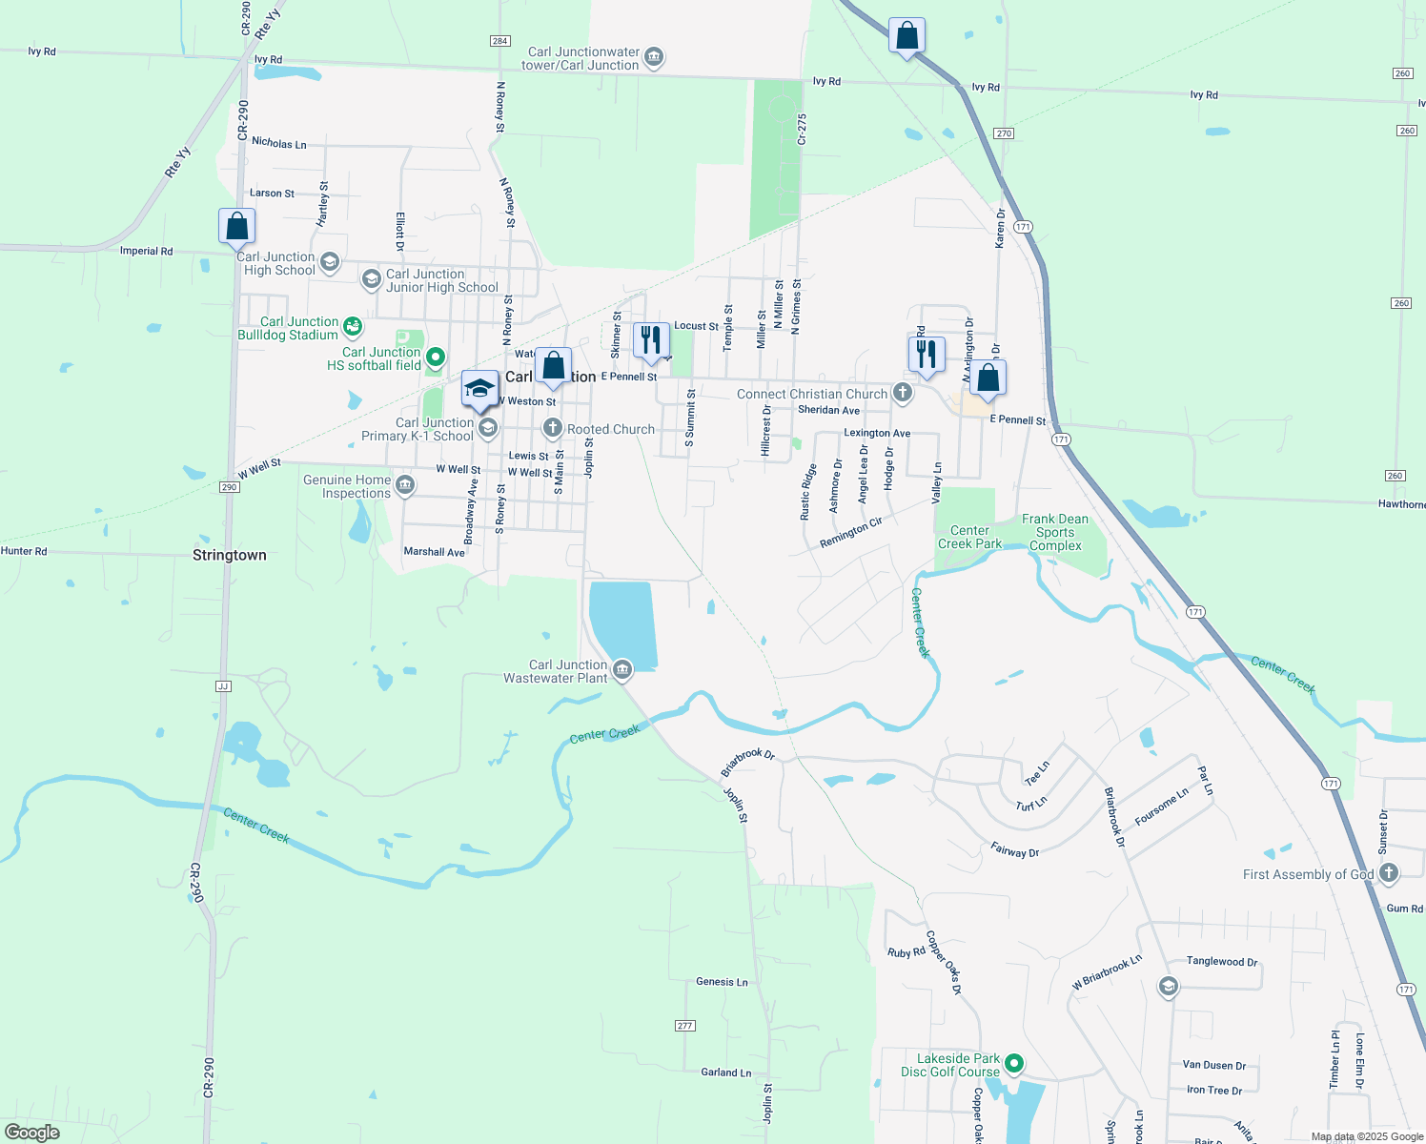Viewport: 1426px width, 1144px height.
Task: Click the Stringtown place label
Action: [230, 555]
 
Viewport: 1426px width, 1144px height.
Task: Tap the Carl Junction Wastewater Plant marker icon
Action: [622, 670]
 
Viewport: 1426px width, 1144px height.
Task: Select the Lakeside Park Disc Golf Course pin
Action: [1014, 1063]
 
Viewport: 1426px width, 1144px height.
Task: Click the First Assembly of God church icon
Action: [1389, 872]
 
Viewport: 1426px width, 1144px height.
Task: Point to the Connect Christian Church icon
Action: [902, 393]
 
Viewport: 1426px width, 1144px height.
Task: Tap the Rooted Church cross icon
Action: [553, 429]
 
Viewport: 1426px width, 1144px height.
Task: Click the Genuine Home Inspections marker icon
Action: [405, 485]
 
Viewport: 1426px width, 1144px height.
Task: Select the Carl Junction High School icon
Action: [330, 262]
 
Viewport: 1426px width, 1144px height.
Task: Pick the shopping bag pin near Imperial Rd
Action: [236, 227]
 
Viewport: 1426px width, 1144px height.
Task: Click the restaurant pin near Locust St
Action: [651, 340]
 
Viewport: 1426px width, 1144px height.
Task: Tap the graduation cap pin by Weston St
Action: [479, 389]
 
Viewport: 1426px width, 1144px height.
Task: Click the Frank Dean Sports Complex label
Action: [1055, 532]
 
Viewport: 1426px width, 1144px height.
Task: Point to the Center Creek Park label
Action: [969, 537]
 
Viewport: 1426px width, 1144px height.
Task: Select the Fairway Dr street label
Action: [1014, 850]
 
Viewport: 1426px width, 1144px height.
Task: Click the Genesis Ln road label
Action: [722, 981]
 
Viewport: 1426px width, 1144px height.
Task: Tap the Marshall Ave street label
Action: [434, 552]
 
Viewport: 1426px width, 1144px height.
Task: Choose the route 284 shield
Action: [499, 41]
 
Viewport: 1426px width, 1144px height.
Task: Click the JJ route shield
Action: [223, 685]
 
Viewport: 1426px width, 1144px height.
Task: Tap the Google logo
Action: [32, 1133]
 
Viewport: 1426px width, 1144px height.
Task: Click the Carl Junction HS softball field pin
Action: [436, 357]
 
